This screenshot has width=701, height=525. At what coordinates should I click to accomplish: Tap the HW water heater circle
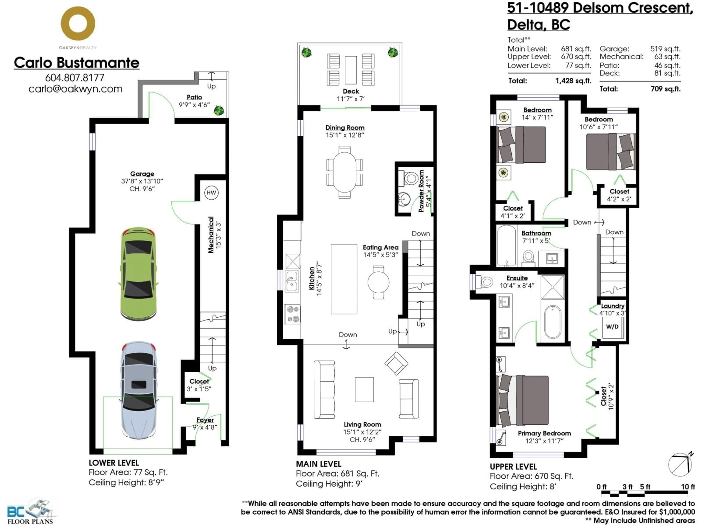coord(211,193)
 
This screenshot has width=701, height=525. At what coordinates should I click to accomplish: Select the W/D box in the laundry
coord(612,327)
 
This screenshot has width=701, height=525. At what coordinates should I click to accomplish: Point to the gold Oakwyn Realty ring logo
coord(78,24)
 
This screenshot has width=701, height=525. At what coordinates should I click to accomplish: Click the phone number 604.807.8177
coord(75,77)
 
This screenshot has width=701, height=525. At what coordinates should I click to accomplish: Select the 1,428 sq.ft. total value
coord(573,81)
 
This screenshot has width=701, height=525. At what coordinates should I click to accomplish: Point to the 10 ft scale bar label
coord(688,487)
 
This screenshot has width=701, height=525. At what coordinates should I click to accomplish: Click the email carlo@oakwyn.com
coord(75,89)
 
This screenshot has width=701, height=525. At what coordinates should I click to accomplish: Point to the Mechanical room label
coord(211,235)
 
